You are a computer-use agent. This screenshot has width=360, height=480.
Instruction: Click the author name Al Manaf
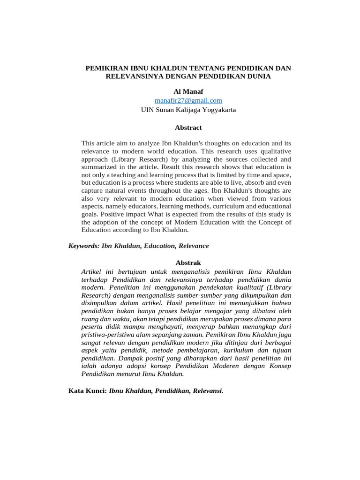coord(188,91)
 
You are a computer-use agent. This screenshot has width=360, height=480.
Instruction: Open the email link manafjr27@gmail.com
coord(188,100)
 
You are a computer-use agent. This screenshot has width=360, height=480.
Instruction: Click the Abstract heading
coord(188,127)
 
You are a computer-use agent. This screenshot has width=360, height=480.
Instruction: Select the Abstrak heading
coord(188,262)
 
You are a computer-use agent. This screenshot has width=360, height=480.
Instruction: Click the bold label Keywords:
coord(84,246)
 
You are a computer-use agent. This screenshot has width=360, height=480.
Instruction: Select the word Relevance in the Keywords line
coord(193,246)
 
